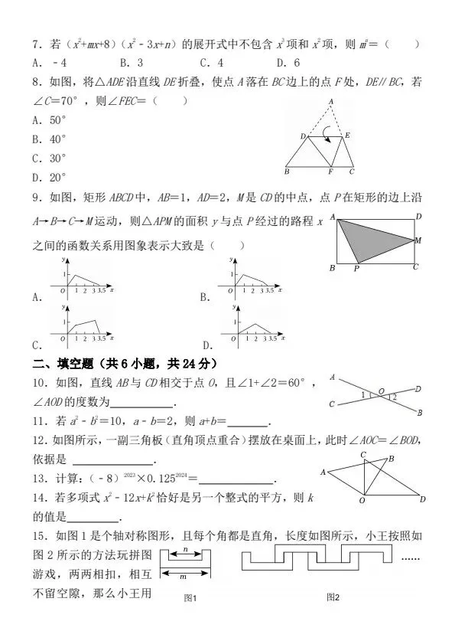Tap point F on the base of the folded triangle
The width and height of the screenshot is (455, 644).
[x=330, y=172]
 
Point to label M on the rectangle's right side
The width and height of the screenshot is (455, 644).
[x=418, y=240]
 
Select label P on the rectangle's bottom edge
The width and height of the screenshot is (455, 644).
[x=356, y=270]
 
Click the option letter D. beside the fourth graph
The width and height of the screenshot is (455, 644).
[x=207, y=344]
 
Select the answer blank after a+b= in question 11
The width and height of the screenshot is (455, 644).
[x=249, y=423]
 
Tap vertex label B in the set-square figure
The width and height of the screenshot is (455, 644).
[x=391, y=459]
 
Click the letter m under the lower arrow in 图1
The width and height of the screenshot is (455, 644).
[x=184, y=575]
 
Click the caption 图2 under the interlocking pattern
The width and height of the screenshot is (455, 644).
[x=331, y=597]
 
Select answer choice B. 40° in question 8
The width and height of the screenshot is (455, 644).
[x=50, y=139]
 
